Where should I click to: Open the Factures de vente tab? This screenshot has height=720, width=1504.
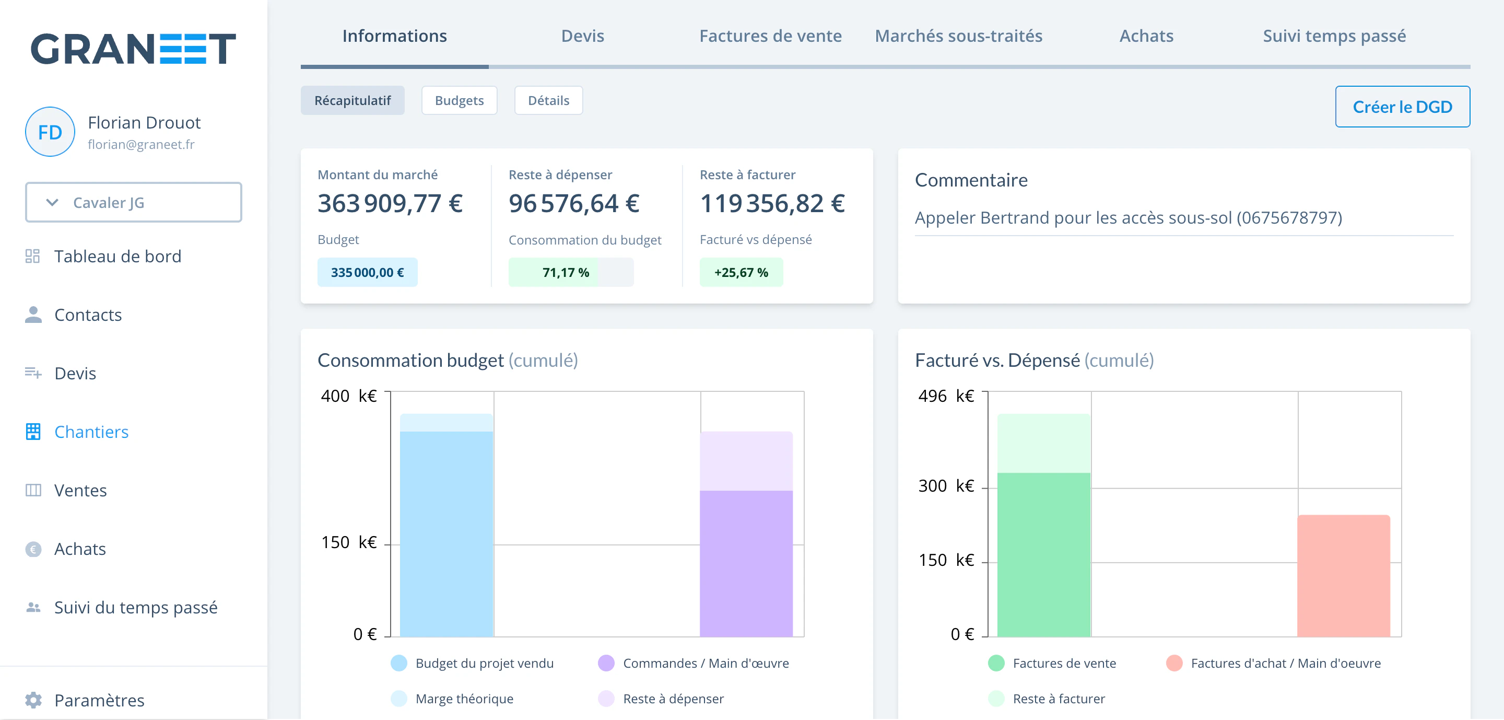770,36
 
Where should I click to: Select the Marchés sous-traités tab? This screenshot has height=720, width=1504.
958,36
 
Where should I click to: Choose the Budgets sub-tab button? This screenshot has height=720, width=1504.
459,100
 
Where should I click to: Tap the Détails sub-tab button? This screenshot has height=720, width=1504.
548,100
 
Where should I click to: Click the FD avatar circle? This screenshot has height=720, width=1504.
50,132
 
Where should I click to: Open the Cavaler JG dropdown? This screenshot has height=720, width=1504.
133,202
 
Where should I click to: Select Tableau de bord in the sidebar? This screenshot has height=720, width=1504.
118,257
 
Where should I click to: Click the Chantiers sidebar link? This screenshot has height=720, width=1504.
91,432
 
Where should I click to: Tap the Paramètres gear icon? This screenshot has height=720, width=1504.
33,700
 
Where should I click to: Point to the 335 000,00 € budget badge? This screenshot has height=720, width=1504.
367,272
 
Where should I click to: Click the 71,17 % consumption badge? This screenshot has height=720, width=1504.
570,272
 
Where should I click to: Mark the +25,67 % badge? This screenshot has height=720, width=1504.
741,272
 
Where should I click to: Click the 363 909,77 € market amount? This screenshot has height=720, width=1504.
390,203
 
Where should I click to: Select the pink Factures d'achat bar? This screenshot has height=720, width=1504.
1344,576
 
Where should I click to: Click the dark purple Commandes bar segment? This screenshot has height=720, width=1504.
746,563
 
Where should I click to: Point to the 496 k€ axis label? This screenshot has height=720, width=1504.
946,396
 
